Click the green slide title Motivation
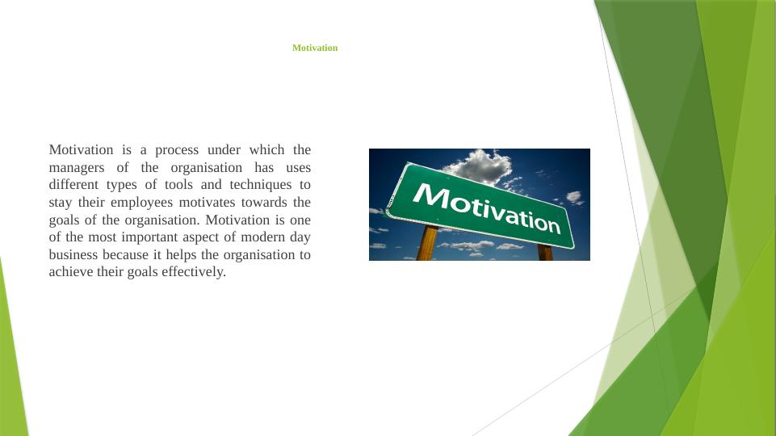click(x=315, y=48)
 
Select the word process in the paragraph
click(x=177, y=150)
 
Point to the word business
click(x=73, y=255)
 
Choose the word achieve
click(x=70, y=272)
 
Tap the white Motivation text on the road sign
click(x=487, y=207)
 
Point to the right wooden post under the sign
click(x=545, y=252)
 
